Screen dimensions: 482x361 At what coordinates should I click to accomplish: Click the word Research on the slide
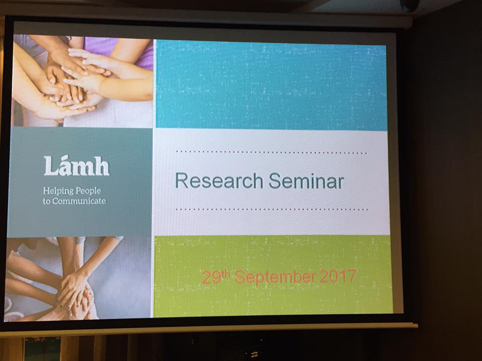(219, 180)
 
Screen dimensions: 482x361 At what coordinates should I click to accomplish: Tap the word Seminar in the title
(306, 181)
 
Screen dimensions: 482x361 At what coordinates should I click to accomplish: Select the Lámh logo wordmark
(76, 166)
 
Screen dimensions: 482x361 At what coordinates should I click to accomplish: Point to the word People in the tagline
(88, 191)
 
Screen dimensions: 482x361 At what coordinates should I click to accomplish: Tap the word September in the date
(275, 277)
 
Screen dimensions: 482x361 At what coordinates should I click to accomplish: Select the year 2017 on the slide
(338, 276)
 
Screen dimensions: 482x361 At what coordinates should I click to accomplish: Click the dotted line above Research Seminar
(271, 152)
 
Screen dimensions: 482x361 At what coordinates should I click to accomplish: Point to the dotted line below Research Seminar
(272, 210)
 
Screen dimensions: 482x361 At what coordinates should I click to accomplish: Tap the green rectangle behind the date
(273, 275)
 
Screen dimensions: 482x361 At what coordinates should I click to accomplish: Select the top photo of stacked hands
(83, 81)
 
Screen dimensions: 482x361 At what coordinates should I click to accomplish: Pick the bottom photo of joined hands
(78, 278)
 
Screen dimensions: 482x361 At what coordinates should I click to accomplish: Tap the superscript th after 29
(225, 274)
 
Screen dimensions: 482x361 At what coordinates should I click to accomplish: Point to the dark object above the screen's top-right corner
(410, 5)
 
